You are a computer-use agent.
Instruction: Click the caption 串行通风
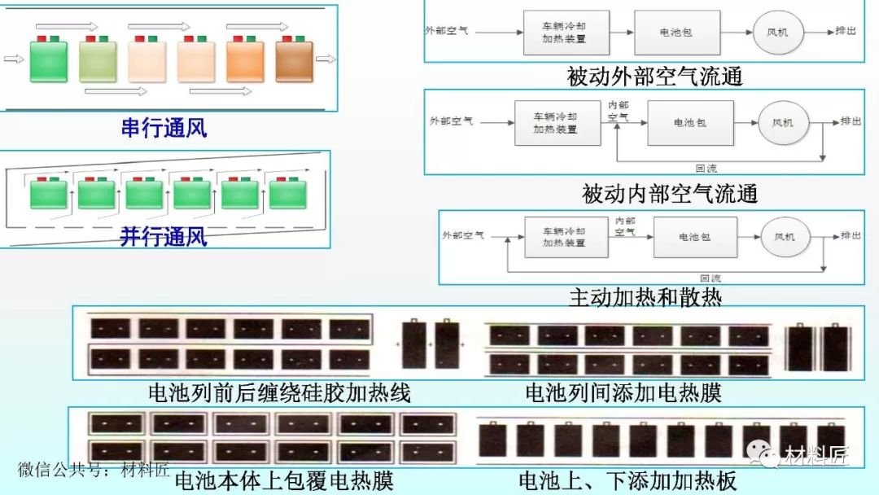164,128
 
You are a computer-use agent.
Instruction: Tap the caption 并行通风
164,237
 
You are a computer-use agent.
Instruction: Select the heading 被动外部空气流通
654,77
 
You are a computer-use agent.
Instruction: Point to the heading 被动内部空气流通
669,194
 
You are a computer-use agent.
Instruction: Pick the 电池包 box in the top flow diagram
676,33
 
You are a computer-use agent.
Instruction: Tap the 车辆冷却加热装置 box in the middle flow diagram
555,123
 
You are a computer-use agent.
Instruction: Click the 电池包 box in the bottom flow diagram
694,236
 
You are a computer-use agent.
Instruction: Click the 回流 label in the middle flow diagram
706,169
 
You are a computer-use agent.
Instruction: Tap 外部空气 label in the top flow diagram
447,31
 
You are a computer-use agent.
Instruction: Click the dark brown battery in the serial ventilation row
294,61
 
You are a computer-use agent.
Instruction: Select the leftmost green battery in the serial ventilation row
48,61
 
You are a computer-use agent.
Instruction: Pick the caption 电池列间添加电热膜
623,394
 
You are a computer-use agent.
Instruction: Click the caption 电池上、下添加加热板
628,480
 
